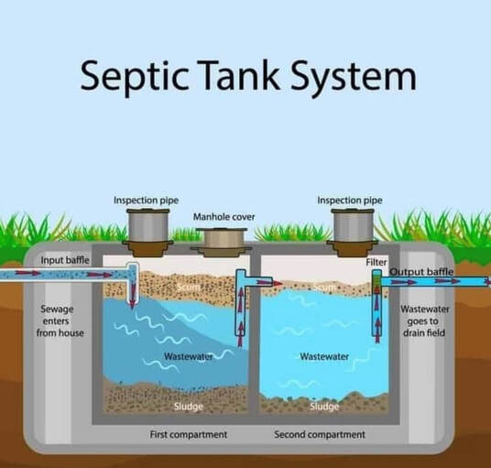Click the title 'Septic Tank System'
(x=245, y=76)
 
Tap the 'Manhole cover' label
(x=224, y=217)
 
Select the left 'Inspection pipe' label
(x=146, y=200)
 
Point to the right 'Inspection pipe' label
(x=350, y=200)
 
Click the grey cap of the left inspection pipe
(x=147, y=223)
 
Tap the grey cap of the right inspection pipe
(x=353, y=223)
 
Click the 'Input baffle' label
(x=65, y=261)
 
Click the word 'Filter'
(x=376, y=262)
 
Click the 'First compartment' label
(x=189, y=434)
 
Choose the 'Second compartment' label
(x=319, y=434)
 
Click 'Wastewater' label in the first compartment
(x=189, y=355)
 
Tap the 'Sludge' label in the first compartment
(x=189, y=406)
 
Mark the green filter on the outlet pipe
(x=376, y=288)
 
